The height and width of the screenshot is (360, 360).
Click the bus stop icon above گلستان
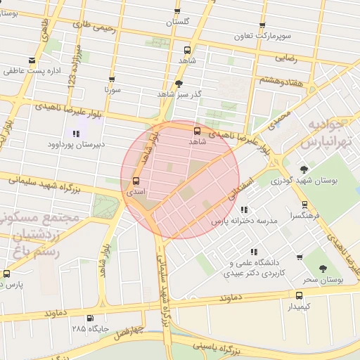(x=177, y=12)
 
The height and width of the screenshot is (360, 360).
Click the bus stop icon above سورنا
(x=112, y=79)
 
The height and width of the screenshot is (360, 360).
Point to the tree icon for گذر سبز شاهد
(x=179, y=83)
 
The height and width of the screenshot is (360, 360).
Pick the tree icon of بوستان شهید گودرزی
(x=304, y=169)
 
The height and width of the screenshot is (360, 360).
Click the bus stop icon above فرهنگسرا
(x=304, y=205)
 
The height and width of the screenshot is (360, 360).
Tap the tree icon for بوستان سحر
(x=323, y=269)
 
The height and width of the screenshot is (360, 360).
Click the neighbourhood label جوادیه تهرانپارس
(x=326, y=133)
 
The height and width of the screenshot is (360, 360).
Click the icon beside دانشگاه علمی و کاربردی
(x=252, y=252)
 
